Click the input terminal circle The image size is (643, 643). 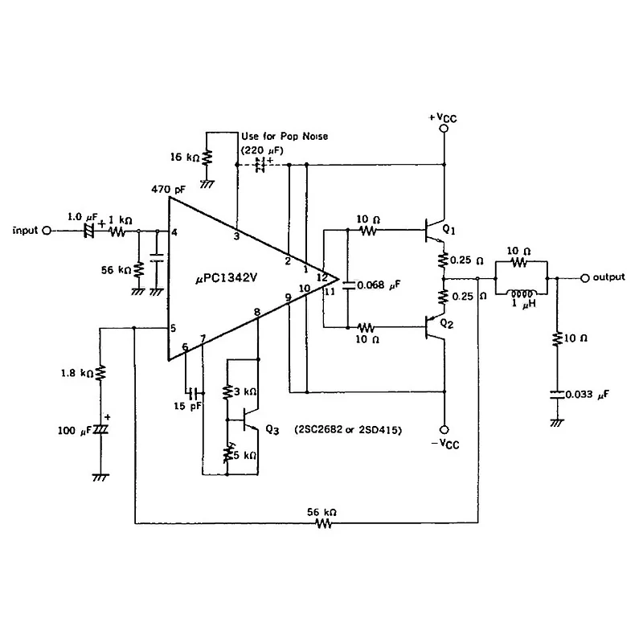click(47, 231)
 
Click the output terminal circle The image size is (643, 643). click(585, 278)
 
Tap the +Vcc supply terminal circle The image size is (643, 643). click(444, 129)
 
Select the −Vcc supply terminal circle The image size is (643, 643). click(444, 430)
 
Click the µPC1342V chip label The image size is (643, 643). click(227, 278)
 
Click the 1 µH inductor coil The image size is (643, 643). click(522, 293)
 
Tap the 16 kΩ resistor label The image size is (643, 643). click(185, 157)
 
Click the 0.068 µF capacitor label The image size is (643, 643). click(379, 285)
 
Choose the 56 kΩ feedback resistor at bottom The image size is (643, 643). click(323, 523)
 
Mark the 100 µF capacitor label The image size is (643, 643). click(75, 431)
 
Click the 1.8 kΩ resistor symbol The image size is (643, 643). click(100, 373)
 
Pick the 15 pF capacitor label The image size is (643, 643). click(187, 407)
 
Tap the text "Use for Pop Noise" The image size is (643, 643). click(285, 136)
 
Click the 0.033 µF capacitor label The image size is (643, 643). click(587, 395)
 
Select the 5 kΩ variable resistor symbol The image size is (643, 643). click(227, 453)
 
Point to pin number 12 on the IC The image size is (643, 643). click(322, 277)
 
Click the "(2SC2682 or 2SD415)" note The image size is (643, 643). click(348, 430)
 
